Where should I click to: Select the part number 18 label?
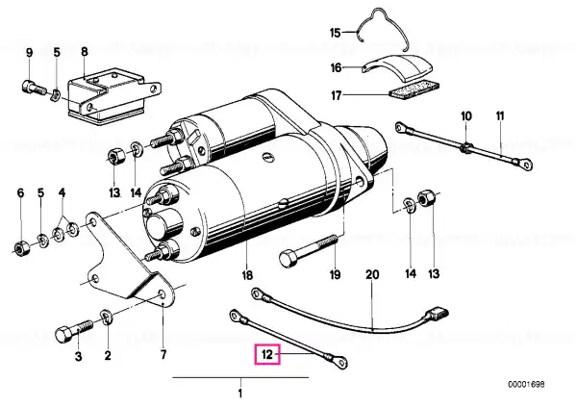[x=246, y=274]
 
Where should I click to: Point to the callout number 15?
[x=336, y=33]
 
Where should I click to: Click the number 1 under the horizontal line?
[x=240, y=393]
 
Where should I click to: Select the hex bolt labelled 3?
[x=68, y=333]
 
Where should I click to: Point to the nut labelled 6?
[x=20, y=249]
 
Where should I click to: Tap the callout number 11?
[x=500, y=116]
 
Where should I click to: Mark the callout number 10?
[x=466, y=116]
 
